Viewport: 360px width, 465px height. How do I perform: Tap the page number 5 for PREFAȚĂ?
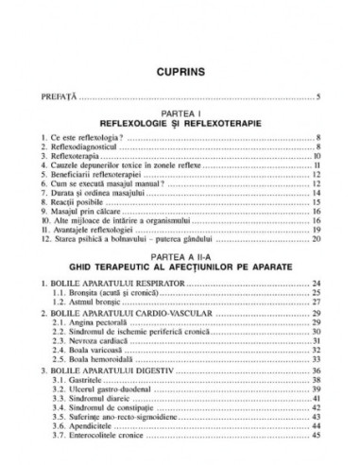point(319,96)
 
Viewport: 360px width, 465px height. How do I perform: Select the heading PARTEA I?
point(180,113)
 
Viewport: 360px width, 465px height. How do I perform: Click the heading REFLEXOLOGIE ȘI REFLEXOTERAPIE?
point(180,124)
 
